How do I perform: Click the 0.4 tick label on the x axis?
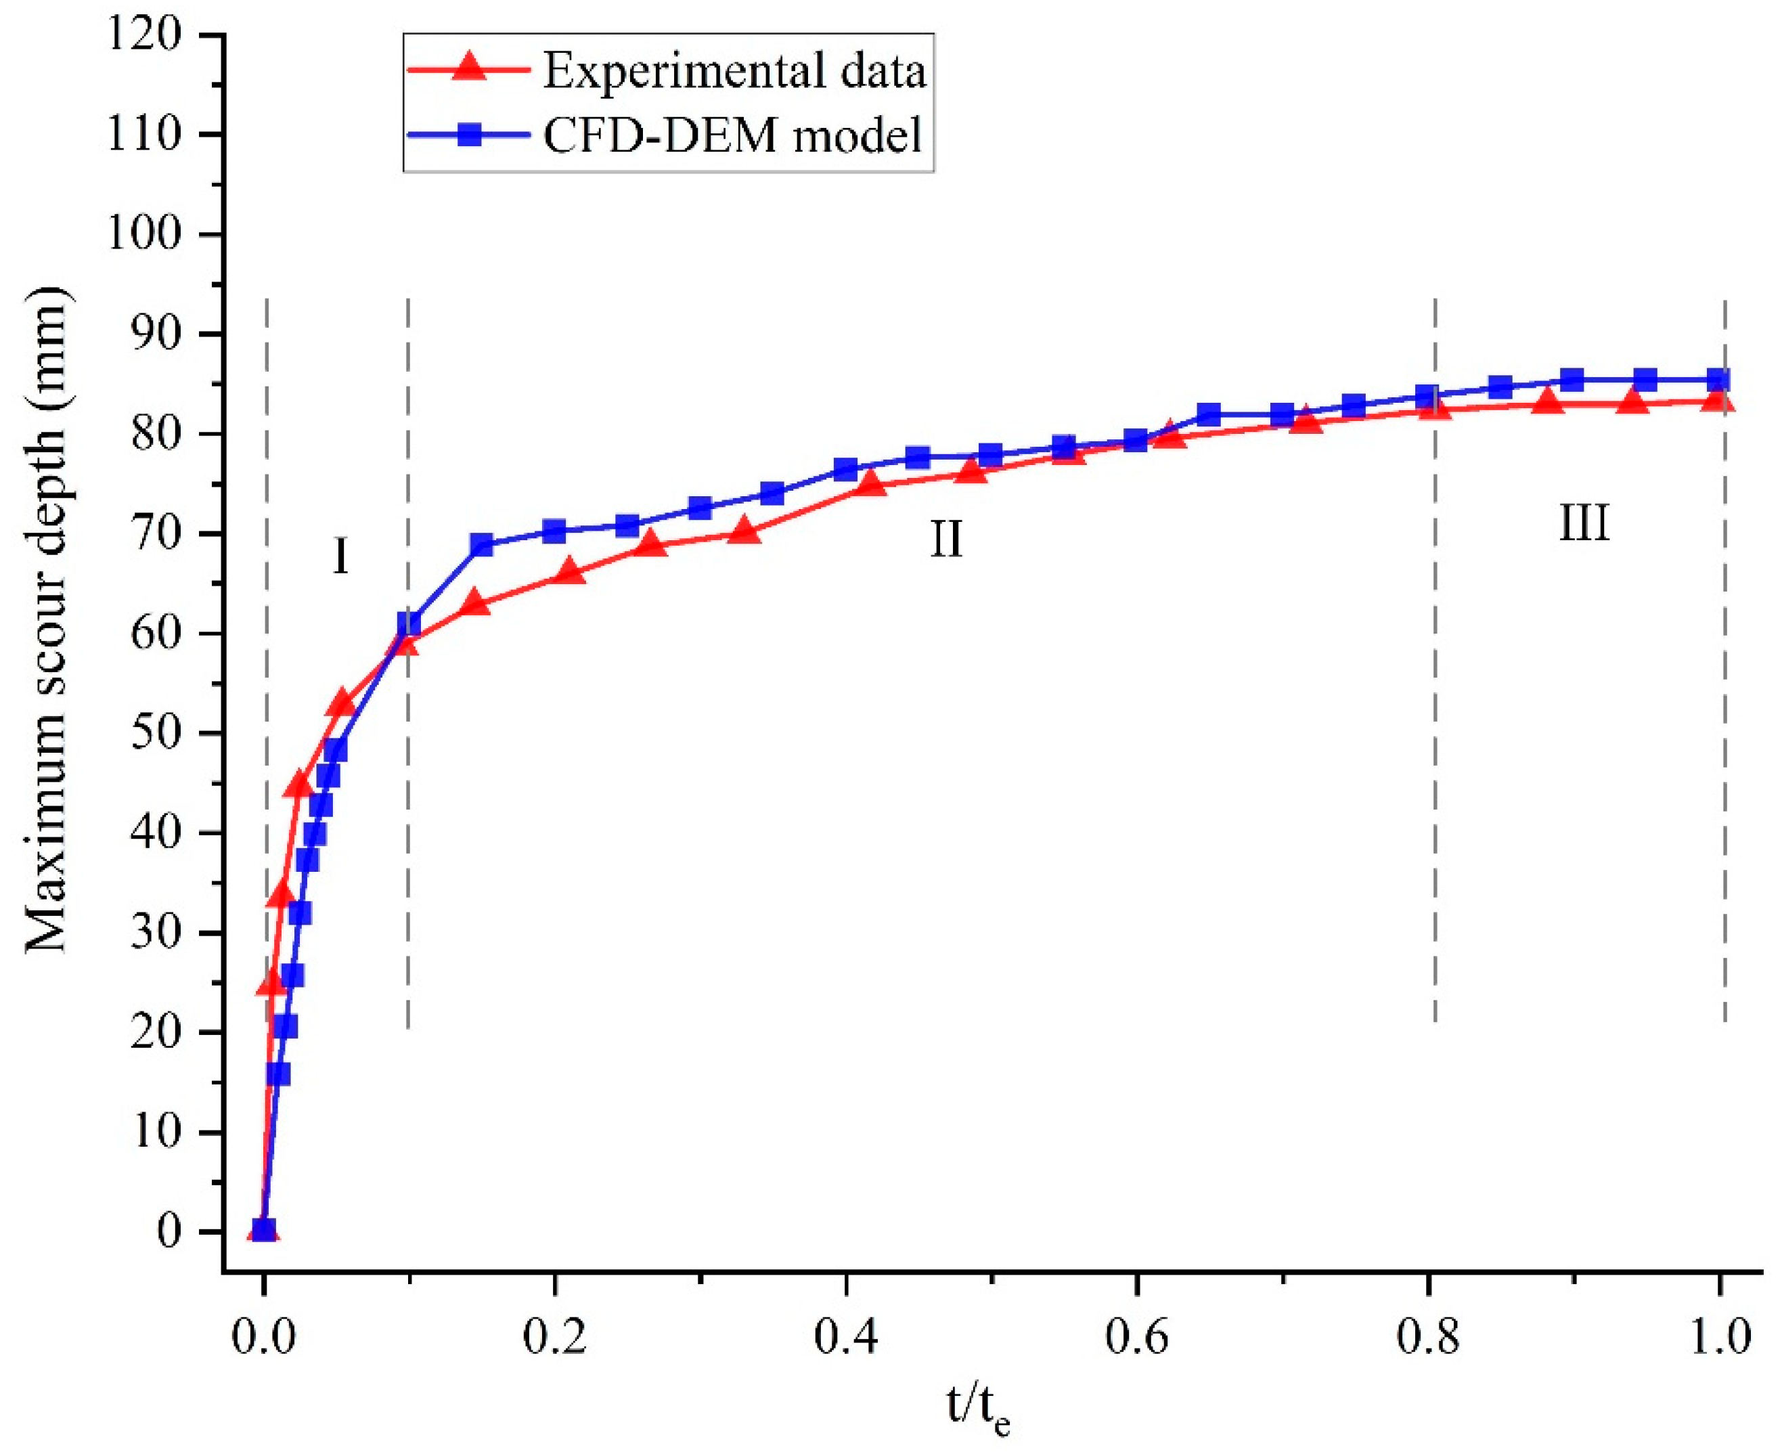(845, 1336)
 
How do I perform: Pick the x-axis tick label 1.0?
(1718, 1336)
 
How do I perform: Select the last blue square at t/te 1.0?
(1718, 380)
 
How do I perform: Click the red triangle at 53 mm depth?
(341, 703)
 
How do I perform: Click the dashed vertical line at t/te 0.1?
(408, 837)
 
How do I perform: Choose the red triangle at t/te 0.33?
(744, 532)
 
